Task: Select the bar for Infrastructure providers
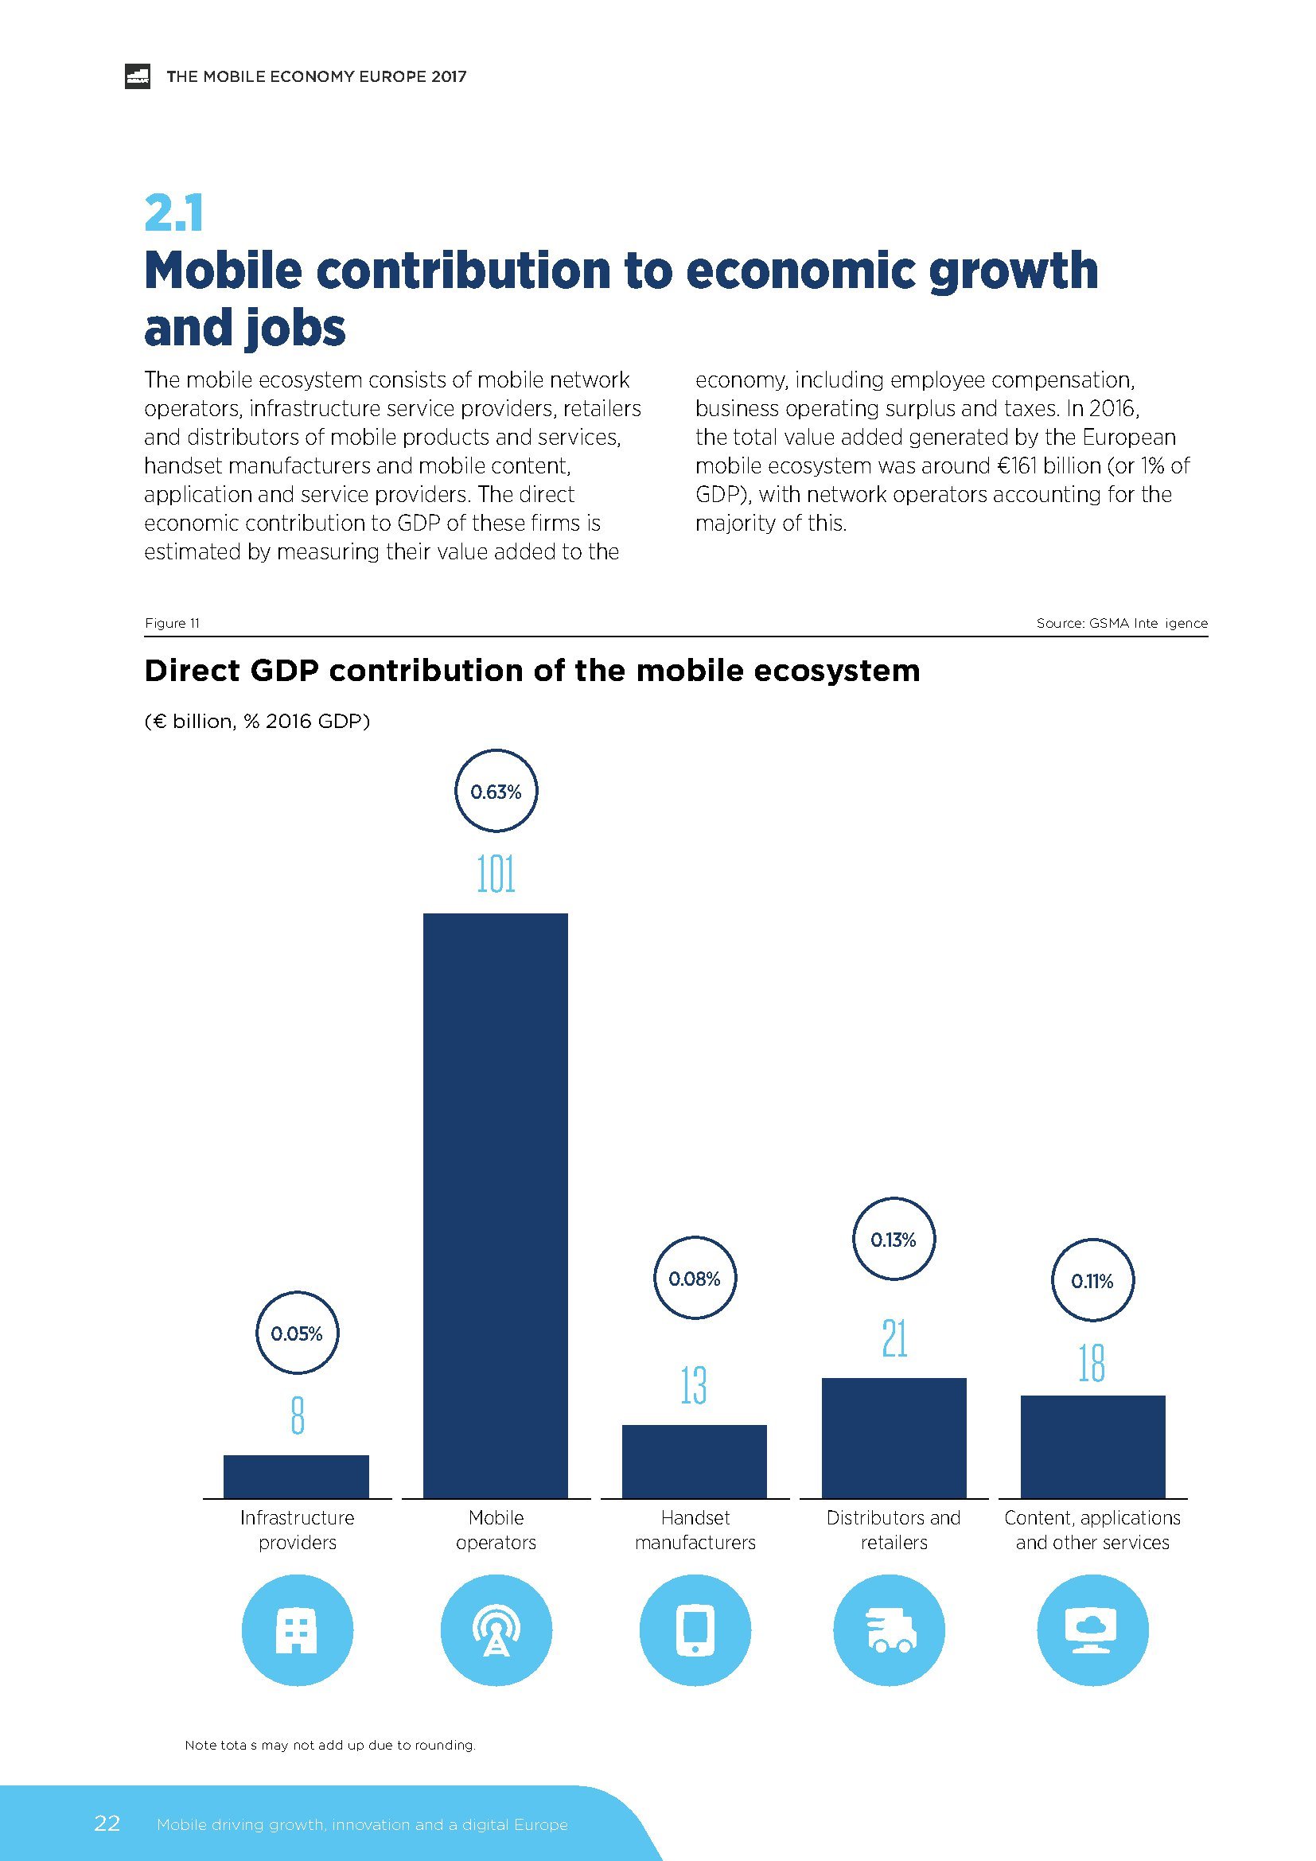click(x=296, y=1476)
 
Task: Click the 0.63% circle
click(x=496, y=791)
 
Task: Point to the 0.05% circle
click(x=297, y=1333)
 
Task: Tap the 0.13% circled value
click(x=893, y=1240)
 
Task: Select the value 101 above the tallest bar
click(x=496, y=874)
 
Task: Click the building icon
click(x=297, y=1630)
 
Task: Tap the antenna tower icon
click(x=496, y=1630)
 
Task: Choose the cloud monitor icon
click(x=1092, y=1630)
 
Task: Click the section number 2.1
click(x=173, y=213)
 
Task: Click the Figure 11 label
click(x=172, y=622)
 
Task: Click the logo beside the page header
click(x=138, y=76)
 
